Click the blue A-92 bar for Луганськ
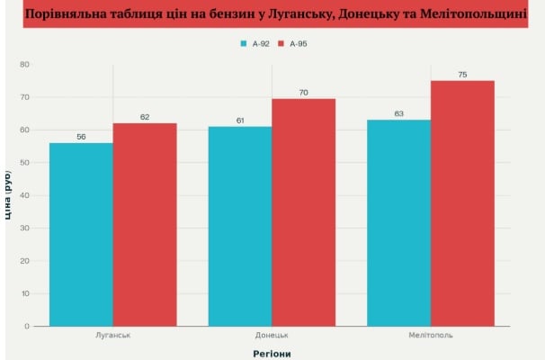click(81, 234)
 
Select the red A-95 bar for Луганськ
click(145, 224)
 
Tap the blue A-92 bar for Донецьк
click(240, 226)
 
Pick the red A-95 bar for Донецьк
click(304, 211)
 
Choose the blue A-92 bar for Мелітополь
click(399, 222)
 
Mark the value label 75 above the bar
click(462, 74)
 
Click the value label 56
click(81, 136)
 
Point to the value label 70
click(304, 92)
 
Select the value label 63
click(399, 113)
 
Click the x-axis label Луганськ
click(113, 336)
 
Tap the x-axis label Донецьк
click(272, 336)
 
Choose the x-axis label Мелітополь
click(431, 336)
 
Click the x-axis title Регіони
click(272, 353)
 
